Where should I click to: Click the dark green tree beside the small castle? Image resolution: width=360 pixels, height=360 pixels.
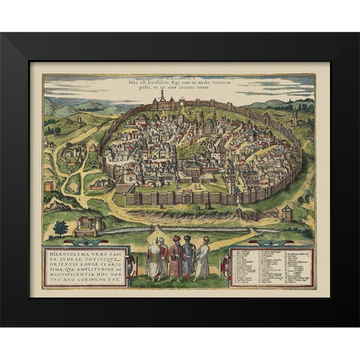(x=61, y=227)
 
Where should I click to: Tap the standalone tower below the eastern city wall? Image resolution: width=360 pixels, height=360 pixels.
(x=286, y=214)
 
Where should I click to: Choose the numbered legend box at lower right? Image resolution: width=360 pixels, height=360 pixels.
(x=268, y=268)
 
